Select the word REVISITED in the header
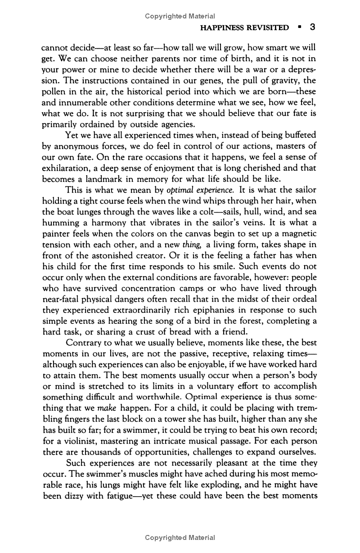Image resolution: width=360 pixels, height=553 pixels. [269, 28]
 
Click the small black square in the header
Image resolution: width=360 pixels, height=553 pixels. [299, 27]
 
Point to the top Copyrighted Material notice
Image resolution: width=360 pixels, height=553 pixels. [180, 16]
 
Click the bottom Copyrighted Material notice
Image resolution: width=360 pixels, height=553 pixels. [180, 537]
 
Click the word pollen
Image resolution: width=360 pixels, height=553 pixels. [53, 91]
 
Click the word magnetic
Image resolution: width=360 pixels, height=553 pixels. [296, 233]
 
